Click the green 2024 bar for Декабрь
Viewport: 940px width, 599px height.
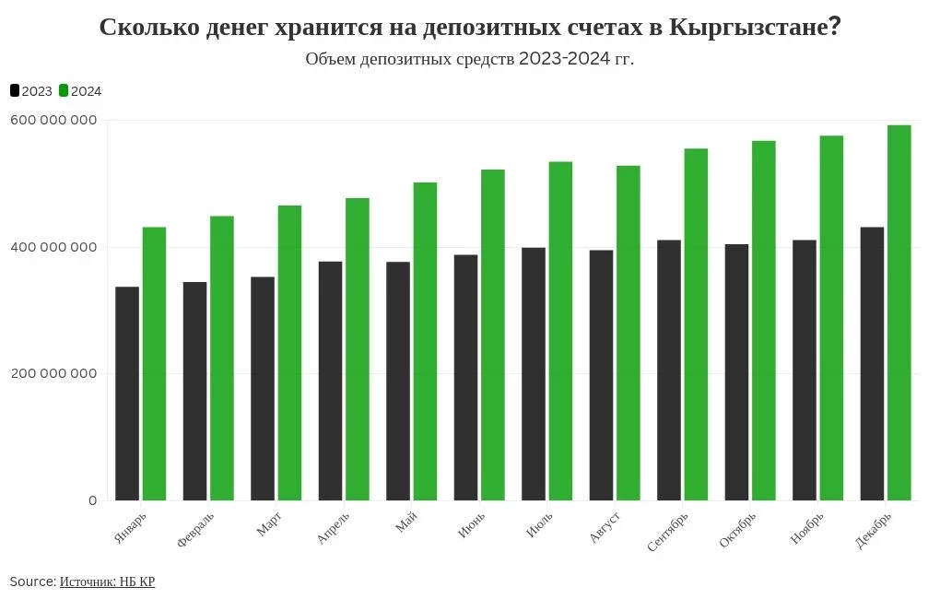pos(899,313)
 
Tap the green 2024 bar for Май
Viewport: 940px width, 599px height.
pos(425,342)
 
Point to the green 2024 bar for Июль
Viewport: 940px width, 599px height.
pos(560,331)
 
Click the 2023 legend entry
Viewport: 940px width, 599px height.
pos(31,91)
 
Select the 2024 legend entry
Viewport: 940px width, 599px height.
pos(80,91)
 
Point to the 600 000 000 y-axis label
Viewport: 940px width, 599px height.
pos(53,120)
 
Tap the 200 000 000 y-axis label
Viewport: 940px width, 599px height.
pos(53,373)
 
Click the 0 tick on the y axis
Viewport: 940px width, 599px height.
pos(92,500)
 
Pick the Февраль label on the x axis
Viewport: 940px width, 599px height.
pos(195,529)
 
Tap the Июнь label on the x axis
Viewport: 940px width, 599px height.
pos(471,524)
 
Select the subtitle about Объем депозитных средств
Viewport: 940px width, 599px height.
pos(469,59)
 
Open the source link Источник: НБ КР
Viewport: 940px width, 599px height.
pos(107,581)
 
